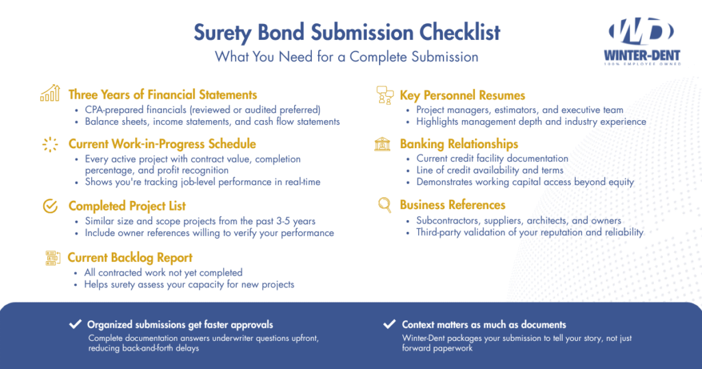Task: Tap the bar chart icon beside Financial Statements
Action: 50,94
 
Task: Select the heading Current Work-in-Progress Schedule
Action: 162,144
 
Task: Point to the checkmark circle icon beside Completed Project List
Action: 50,206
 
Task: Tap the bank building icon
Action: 383,144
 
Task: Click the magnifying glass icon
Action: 385,204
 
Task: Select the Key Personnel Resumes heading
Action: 463,95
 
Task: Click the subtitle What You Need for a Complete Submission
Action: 347,57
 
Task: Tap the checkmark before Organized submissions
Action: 75,324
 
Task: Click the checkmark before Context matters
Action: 389,324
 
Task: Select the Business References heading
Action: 452,204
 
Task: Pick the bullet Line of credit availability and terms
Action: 489,170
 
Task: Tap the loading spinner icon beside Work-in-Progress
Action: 50,144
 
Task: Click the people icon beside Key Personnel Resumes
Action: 383,95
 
